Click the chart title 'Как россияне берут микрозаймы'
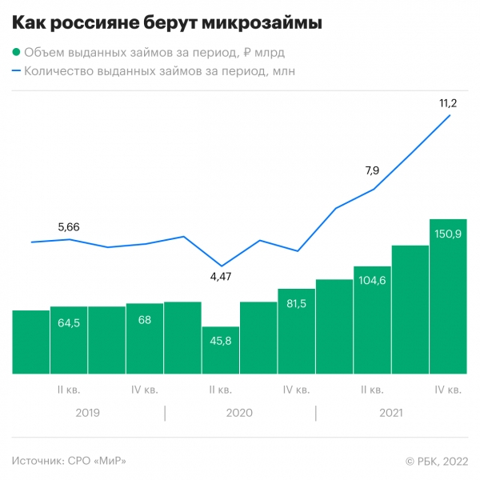click(168, 24)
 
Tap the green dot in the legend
click(17, 53)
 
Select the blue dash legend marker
click(17, 71)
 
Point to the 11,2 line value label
click(448, 103)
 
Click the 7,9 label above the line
click(372, 170)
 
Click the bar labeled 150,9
click(448, 304)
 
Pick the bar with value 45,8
click(220, 352)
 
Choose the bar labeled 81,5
click(296, 336)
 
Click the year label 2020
click(239, 413)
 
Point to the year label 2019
click(88, 413)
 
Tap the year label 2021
click(390, 413)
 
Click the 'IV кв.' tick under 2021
click(448, 390)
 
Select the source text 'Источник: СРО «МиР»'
click(70, 460)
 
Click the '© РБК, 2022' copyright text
click(435, 460)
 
